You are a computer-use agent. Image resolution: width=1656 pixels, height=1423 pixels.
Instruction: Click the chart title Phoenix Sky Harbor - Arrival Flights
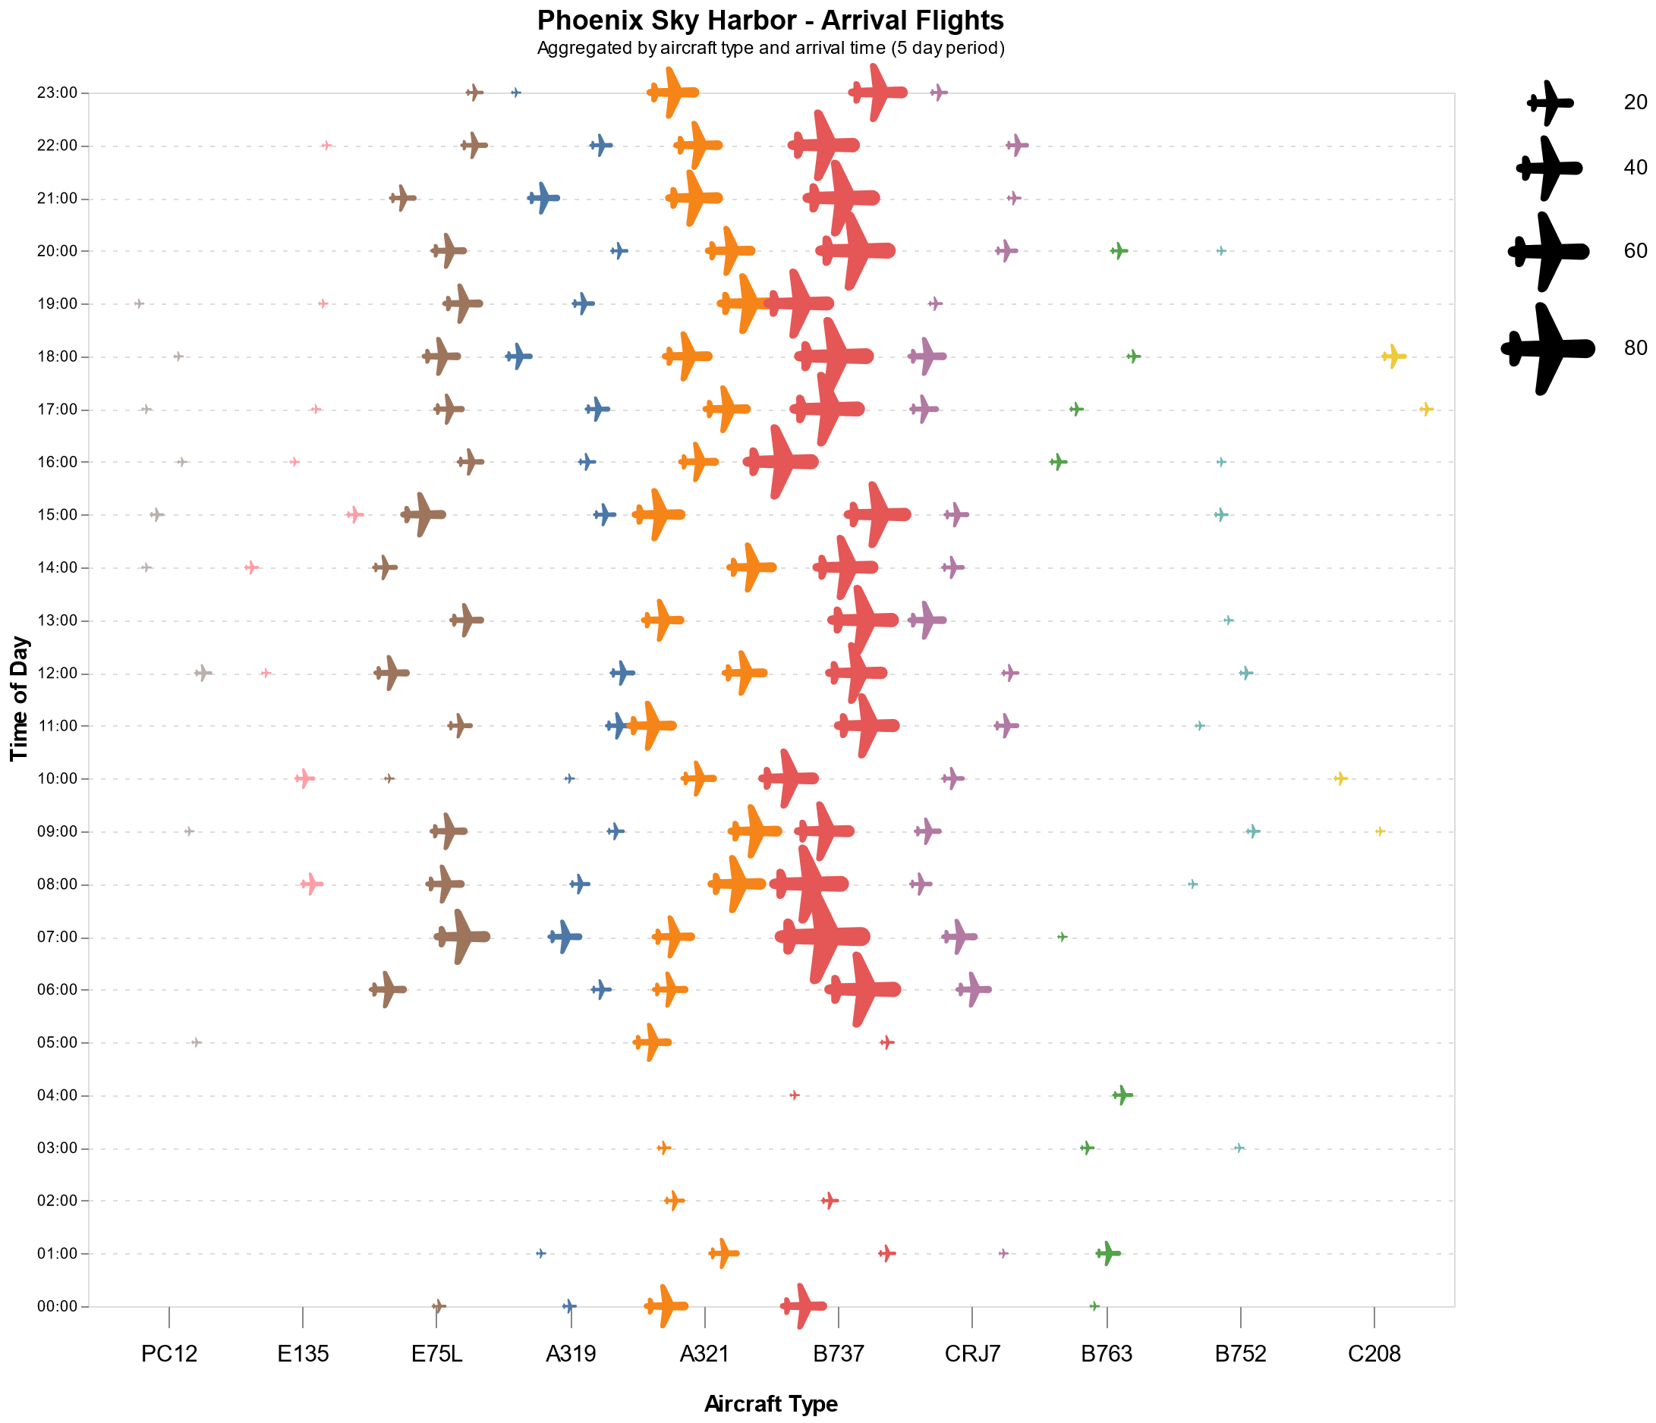coord(770,20)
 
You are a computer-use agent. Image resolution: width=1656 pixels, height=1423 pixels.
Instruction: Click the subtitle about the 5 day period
coord(770,48)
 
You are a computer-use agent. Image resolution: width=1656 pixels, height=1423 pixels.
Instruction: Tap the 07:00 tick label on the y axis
coord(57,938)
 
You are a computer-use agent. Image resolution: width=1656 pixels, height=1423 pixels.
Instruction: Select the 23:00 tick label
coord(57,93)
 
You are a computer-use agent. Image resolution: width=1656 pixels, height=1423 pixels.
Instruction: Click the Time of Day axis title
coord(19,699)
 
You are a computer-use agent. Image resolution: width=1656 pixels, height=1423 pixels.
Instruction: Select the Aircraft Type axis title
coord(770,1404)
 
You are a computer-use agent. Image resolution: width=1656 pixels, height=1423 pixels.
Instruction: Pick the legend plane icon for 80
coord(1547,347)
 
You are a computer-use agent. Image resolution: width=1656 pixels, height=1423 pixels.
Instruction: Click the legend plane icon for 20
coord(1549,102)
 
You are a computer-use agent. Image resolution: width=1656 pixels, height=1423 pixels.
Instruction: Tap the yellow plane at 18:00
coord(1393,357)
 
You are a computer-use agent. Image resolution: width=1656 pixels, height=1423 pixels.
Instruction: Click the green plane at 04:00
coord(1122,1095)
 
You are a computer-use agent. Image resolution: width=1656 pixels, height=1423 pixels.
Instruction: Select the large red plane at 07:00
coord(822,937)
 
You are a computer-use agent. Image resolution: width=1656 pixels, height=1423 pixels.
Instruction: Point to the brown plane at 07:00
coord(461,937)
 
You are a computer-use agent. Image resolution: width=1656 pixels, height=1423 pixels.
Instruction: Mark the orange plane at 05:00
coord(651,1042)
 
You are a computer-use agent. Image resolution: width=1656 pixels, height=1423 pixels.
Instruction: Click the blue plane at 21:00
coord(543,198)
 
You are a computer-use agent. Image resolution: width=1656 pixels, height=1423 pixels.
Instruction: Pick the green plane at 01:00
coord(1107,1253)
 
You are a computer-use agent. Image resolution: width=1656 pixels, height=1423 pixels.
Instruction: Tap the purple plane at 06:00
coord(973,989)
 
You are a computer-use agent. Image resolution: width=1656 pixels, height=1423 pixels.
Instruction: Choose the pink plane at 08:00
coord(311,884)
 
